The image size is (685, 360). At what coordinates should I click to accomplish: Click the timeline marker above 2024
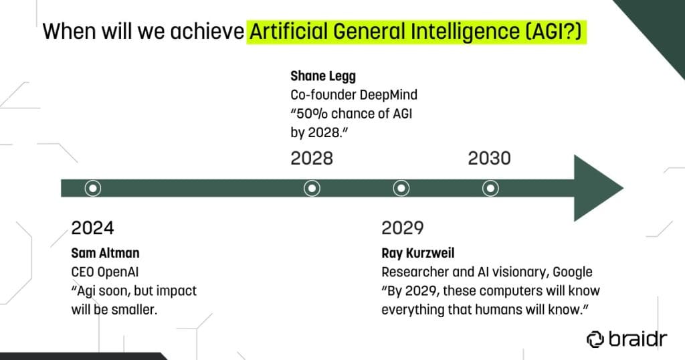click(x=93, y=188)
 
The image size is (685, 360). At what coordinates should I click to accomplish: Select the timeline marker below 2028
click(x=312, y=188)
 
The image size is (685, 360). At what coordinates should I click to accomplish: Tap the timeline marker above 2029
click(x=401, y=188)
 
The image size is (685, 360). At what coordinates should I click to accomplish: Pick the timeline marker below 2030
click(x=490, y=188)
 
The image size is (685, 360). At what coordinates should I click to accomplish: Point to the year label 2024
click(x=93, y=228)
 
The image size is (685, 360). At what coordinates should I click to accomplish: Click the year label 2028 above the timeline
click(x=312, y=159)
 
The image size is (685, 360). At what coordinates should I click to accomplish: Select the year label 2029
click(x=403, y=228)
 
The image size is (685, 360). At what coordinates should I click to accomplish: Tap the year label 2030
click(x=489, y=159)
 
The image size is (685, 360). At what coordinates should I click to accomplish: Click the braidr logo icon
click(x=595, y=339)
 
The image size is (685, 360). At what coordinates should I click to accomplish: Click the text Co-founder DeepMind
click(x=349, y=96)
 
